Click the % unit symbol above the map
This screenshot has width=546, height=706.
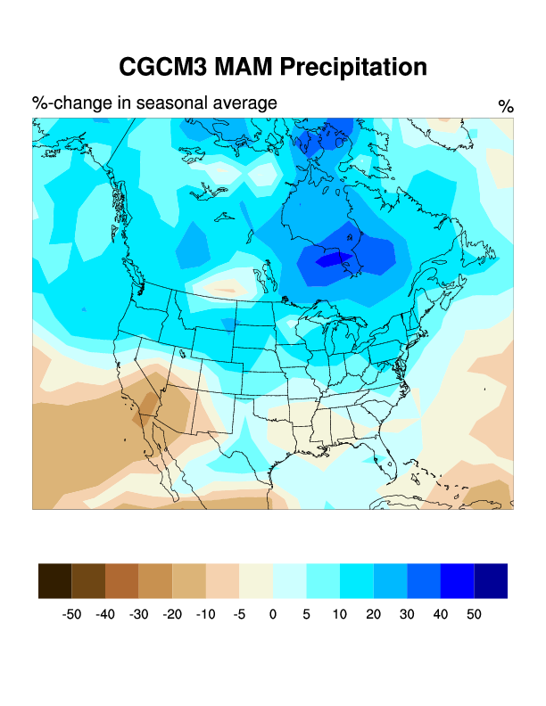506,107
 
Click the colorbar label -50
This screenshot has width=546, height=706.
71,614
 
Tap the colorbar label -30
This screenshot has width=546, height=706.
138,614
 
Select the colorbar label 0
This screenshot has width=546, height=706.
272,614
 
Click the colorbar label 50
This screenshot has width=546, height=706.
473,614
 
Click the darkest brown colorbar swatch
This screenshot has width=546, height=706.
54,580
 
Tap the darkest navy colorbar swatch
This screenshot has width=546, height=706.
490,580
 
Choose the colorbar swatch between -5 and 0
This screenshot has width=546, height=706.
255,580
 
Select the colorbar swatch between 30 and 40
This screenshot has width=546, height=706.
423,580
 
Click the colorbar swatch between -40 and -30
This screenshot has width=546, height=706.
121,580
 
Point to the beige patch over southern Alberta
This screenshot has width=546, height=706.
223,288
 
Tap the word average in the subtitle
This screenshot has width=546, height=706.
242,103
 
